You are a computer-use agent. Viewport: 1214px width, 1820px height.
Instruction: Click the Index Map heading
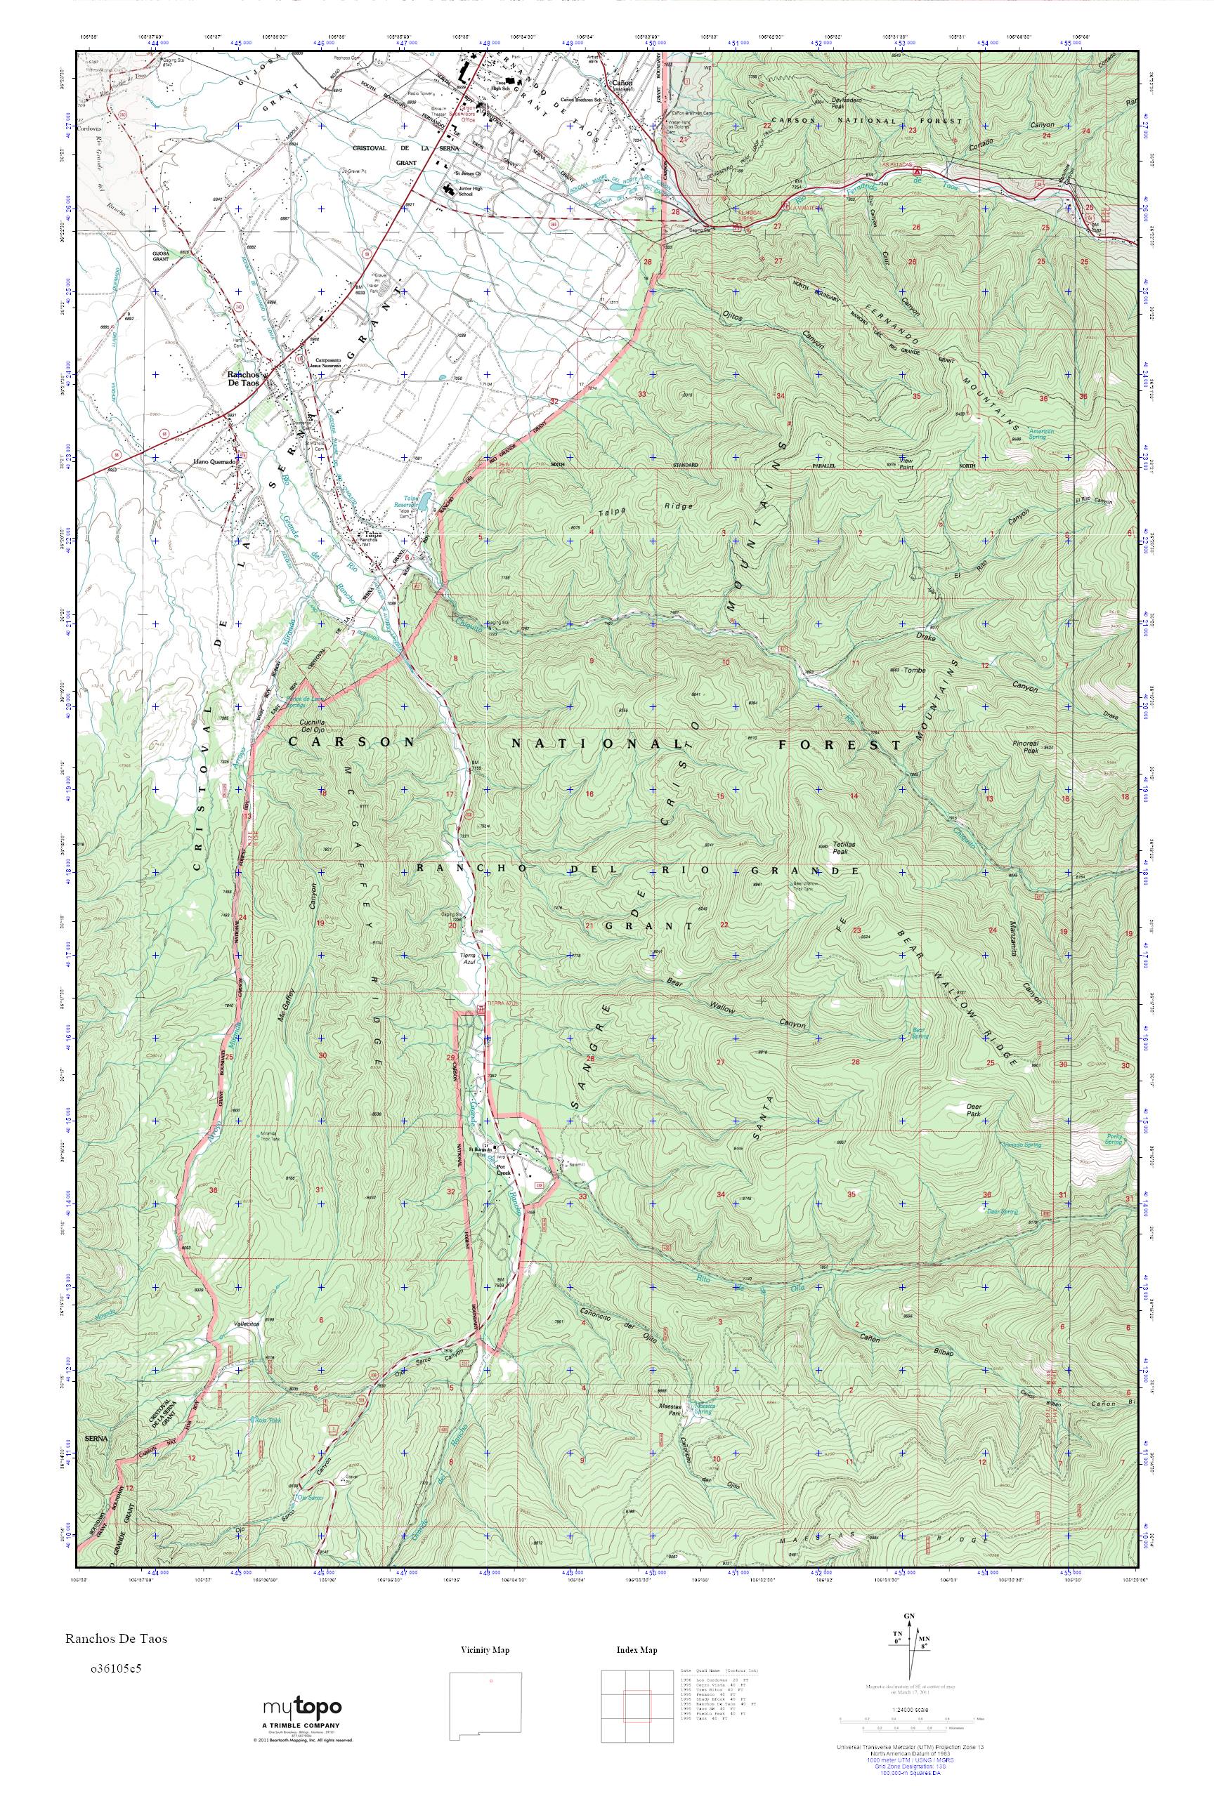[637, 1650]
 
